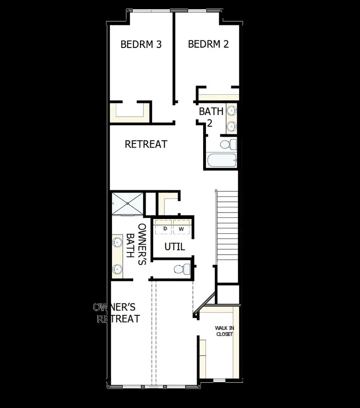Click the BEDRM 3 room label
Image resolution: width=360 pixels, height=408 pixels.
coord(141,44)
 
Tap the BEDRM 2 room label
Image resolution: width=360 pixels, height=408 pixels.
coord(208,44)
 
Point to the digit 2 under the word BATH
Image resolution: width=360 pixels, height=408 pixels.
coord(209,123)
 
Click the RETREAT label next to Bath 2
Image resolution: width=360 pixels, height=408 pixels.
coord(146,144)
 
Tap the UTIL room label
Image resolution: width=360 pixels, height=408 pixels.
coord(175,247)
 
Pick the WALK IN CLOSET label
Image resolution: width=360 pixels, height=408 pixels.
coord(224,331)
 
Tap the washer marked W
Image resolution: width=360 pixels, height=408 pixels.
coord(181,229)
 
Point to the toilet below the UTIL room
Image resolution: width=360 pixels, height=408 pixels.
coord(183,269)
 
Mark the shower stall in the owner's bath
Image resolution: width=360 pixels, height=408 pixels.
coord(127,204)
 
